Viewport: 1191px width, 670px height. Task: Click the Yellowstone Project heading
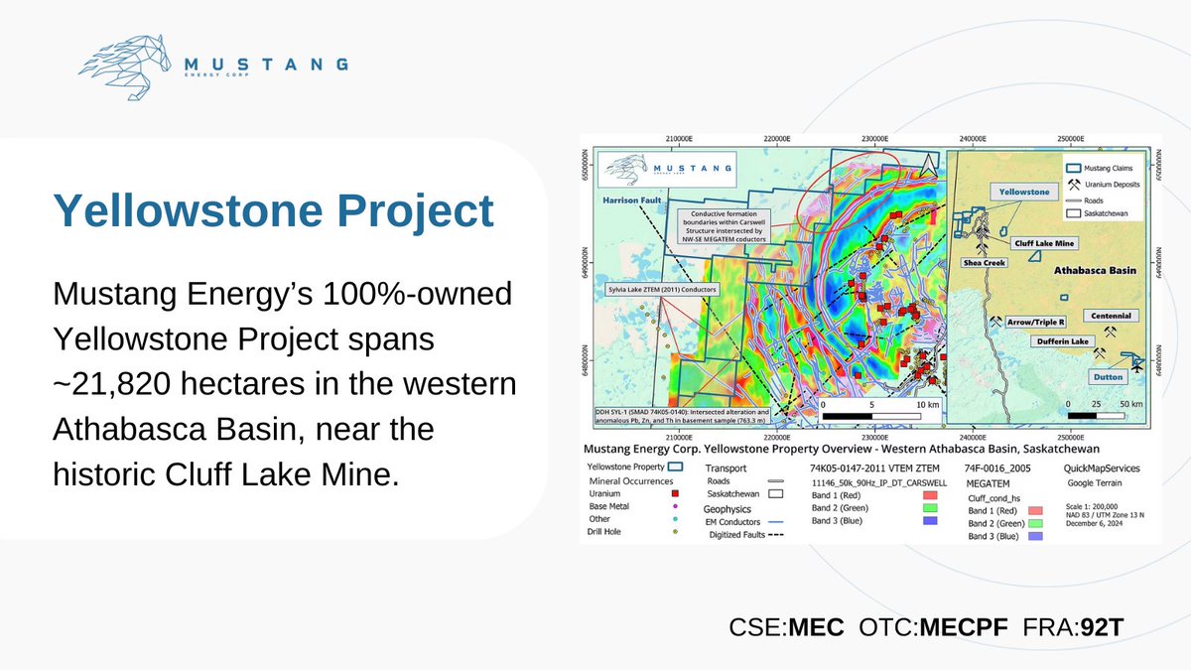coord(273,212)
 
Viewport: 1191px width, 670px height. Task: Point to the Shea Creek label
coord(984,262)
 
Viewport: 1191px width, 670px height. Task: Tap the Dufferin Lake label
coord(1064,341)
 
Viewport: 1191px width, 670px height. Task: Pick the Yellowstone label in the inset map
coord(1023,192)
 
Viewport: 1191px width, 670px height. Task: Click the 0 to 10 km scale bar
coord(873,415)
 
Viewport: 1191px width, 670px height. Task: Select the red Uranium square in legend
coord(675,491)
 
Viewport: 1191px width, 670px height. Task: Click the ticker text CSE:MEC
coord(786,626)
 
